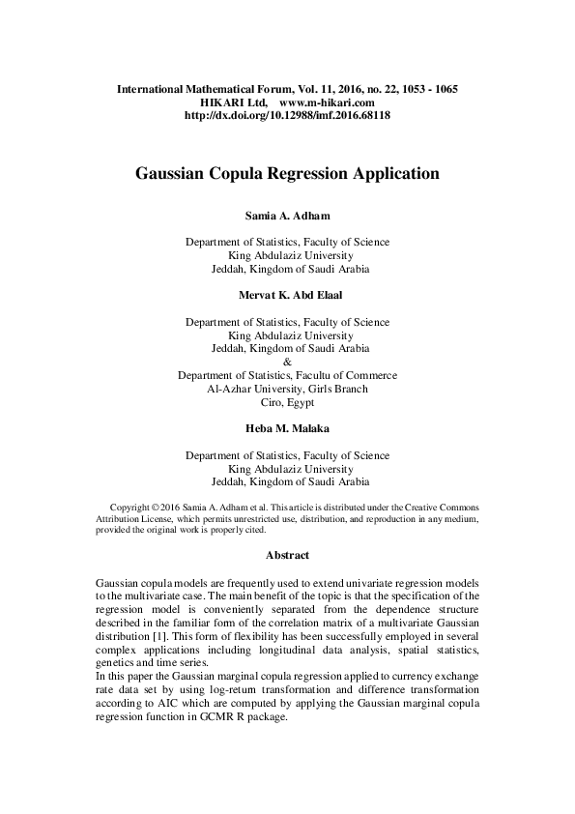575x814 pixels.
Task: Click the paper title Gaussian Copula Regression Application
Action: (x=287, y=175)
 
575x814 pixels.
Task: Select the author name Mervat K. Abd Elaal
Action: (x=287, y=296)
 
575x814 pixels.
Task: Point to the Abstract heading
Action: (x=287, y=556)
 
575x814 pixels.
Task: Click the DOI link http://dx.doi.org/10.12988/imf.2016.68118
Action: (x=287, y=115)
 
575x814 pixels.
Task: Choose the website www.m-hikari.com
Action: (x=326, y=102)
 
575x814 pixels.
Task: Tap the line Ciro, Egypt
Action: (x=287, y=403)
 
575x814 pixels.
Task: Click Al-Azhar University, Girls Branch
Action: (x=287, y=390)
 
